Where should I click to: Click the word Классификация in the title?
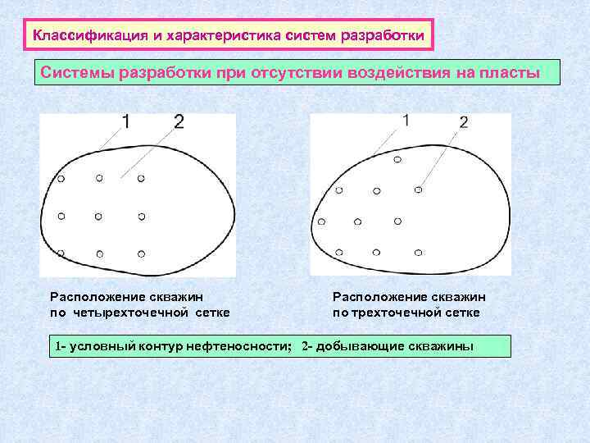pyautogui.click(x=78, y=36)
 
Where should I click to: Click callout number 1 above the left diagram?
pyautogui.click(x=125, y=122)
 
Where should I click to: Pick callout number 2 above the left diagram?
pyautogui.click(x=179, y=122)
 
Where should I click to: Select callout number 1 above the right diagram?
pyautogui.click(x=406, y=120)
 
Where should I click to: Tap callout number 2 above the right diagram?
pyautogui.click(x=464, y=122)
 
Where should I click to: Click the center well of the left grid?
pyautogui.click(x=99, y=216)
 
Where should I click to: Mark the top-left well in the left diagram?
pyautogui.click(x=60, y=177)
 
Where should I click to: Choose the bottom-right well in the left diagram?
pyautogui.click(x=141, y=254)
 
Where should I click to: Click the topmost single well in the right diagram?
pyautogui.click(x=397, y=159)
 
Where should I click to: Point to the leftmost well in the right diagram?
pyautogui.click(x=321, y=221)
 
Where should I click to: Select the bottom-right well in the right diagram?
pyautogui.click(x=417, y=252)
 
